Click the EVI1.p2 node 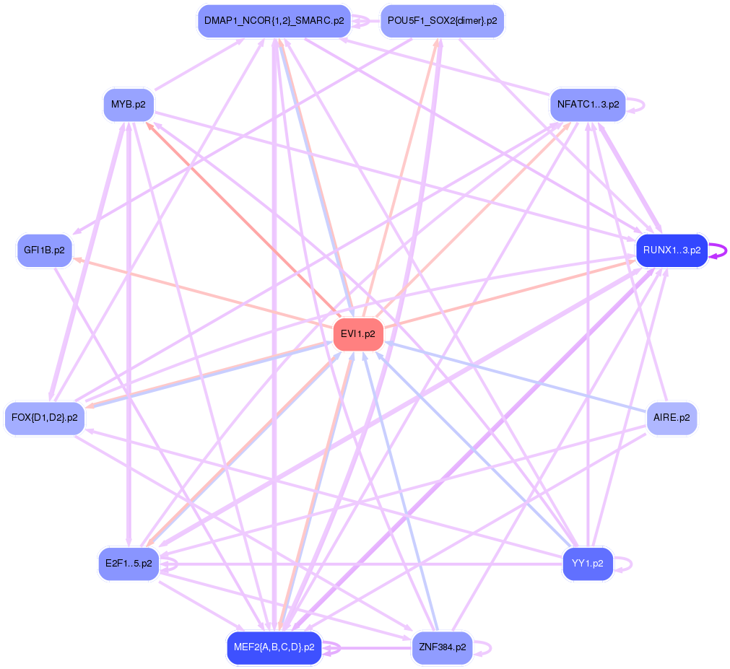tap(358, 334)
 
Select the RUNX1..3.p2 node tap(672, 250)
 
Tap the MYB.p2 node tap(129, 105)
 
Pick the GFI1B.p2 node tap(45, 250)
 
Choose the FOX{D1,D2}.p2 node tap(45, 418)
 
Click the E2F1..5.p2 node tap(129, 564)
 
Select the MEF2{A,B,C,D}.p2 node tap(274, 647)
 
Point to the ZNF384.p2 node tap(442, 647)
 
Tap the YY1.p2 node tap(588, 564)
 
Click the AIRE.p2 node tap(672, 418)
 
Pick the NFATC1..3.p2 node tap(588, 105)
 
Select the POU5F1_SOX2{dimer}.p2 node tap(442, 21)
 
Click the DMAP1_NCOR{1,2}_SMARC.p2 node tap(274, 21)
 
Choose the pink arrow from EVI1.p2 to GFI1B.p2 tap(202, 293)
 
